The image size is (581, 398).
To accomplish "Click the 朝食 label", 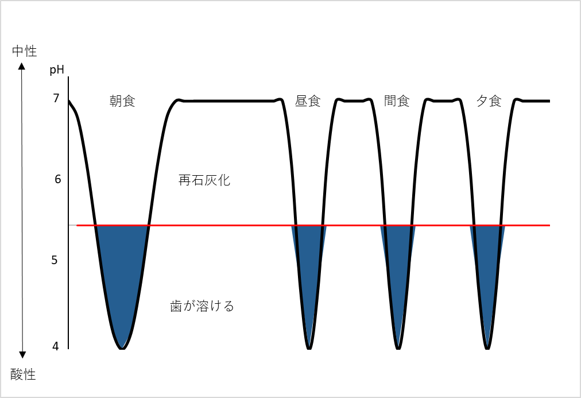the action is pyautogui.click(x=123, y=101).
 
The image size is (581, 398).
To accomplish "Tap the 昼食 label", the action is pyautogui.click(x=308, y=101).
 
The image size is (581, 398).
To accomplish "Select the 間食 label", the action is pyautogui.click(x=397, y=101).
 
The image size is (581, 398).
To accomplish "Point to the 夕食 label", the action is pyautogui.click(x=489, y=101).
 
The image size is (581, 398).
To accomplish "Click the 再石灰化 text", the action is pyautogui.click(x=204, y=180).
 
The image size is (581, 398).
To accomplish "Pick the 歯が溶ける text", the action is pyautogui.click(x=202, y=306).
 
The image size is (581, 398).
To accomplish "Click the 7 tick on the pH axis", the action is pyautogui.click(x=56, y=98).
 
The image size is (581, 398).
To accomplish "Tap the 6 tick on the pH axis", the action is pyautogui.click(x=57, y=179).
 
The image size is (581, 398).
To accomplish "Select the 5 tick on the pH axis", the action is pyautogui.click(x=55, y=260).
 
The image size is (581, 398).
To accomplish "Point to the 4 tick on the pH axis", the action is pyautogui.click(x=56, y=346).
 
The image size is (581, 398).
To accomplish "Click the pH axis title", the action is pyautogui.click(x=57, y=70).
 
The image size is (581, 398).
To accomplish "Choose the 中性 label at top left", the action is pyautogui.click(x=25, y=51).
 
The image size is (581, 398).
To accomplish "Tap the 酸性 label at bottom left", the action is pyautogui.click(x=23, y=374).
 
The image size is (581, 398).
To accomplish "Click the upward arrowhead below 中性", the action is pyautogui.click(x=22, y=67).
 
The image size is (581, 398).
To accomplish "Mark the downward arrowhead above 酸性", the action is pyautogui.click(x=22, y=355).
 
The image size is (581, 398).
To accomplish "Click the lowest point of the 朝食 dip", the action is pyautogui.click(x=122, y=349).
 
